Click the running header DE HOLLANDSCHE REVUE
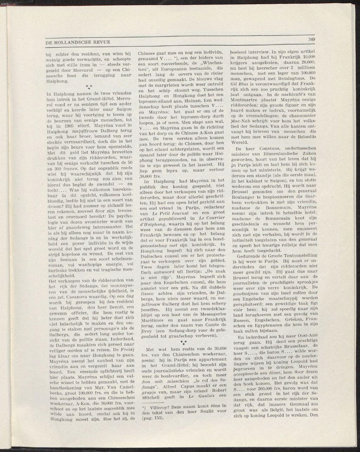point(78,42)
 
